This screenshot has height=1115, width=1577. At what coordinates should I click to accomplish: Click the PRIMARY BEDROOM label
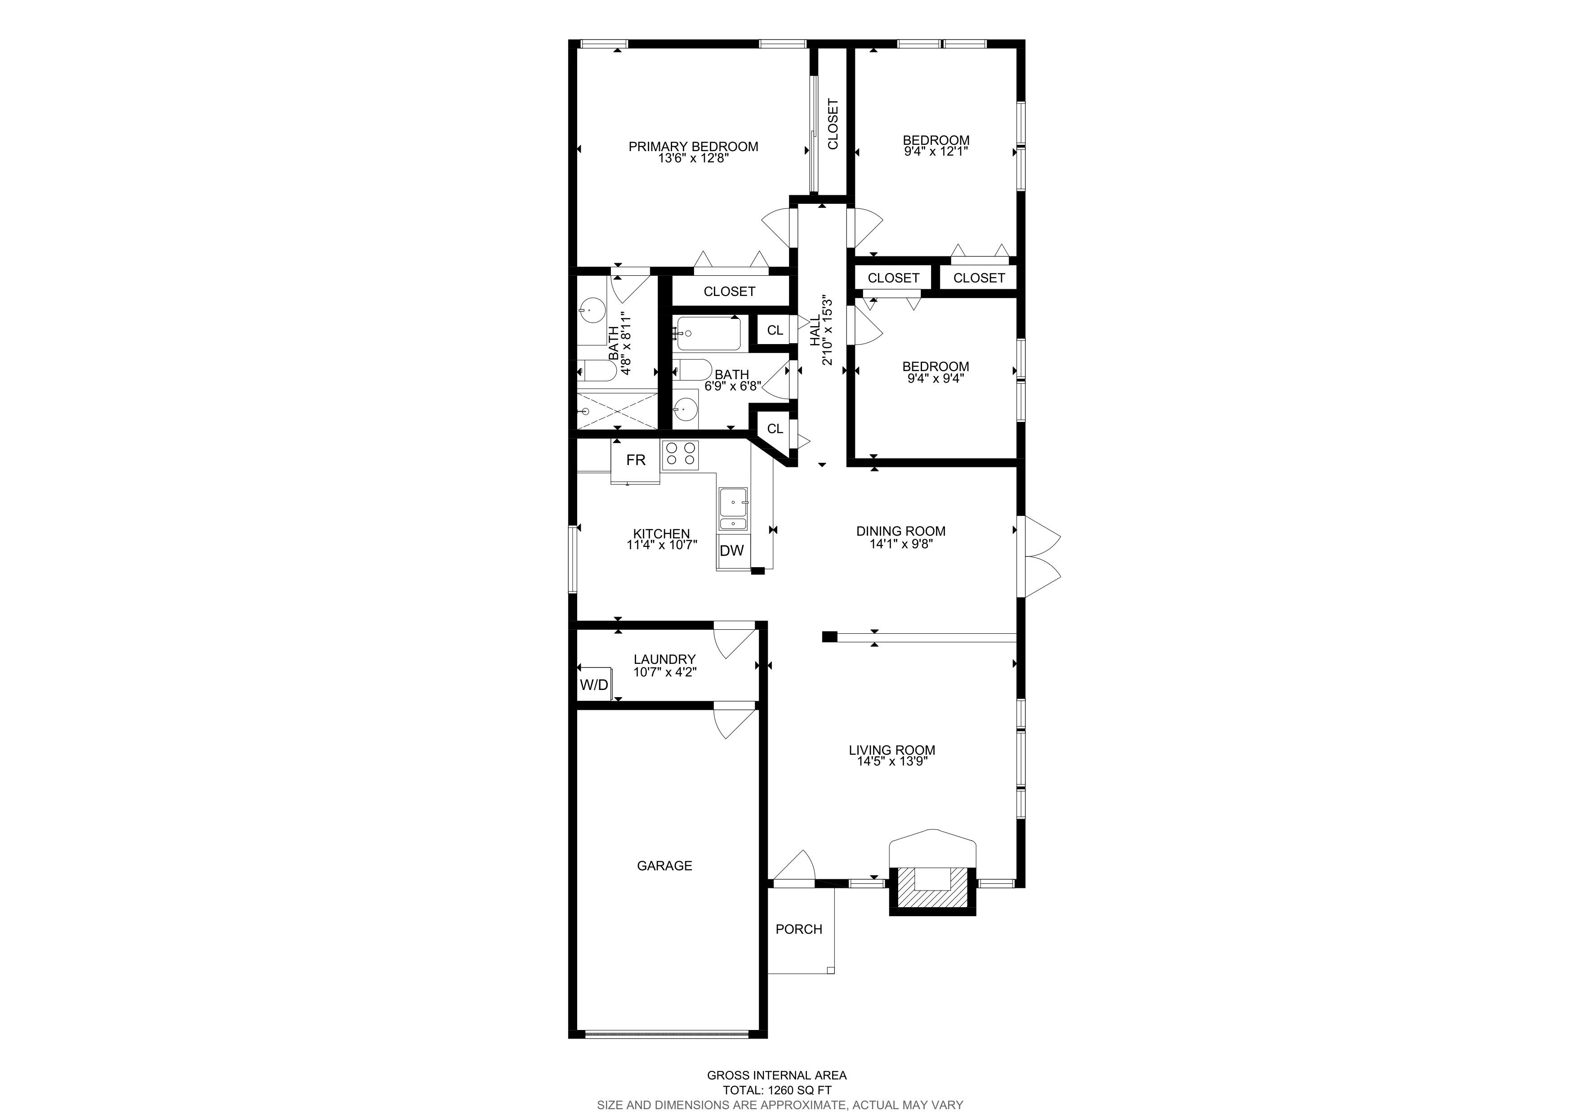[693, 146]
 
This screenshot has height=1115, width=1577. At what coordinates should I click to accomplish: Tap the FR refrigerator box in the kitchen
[635, 460]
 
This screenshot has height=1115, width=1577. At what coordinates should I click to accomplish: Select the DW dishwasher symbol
[732, 550]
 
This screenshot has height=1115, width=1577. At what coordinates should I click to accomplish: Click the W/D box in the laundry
[594, 684]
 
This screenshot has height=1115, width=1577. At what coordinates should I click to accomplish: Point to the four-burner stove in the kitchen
[680, 455]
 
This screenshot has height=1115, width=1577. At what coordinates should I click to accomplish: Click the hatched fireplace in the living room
[932, 891]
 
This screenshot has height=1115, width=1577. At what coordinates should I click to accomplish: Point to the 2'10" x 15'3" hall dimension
[828, 331]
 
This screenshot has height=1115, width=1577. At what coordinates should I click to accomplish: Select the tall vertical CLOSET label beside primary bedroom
[833, 124]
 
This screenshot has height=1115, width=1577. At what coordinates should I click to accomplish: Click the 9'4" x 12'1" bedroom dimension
[936, 151]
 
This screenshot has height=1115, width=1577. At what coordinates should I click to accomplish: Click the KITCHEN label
[661, 534]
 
